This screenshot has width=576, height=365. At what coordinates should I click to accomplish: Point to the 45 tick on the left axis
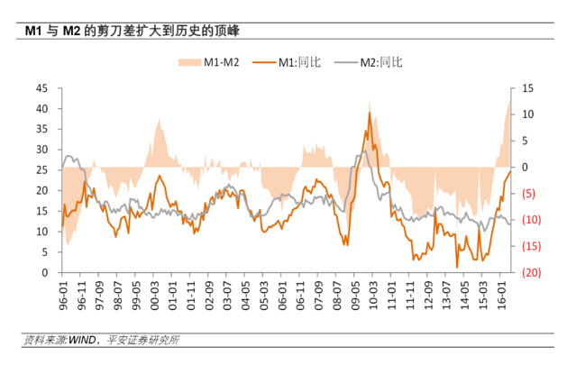coord(42,88)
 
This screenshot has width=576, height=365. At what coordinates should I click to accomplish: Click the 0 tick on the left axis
coord(45,272)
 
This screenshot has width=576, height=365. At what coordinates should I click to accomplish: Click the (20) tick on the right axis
coord(530,272)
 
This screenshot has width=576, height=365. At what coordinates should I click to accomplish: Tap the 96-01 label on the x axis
coord(63,294)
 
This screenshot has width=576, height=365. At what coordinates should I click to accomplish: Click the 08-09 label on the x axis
coord(338,294)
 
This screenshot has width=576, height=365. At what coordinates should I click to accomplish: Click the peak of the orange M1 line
coord(369,113)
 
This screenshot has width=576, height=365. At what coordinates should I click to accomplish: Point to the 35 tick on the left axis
coord(42,129)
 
